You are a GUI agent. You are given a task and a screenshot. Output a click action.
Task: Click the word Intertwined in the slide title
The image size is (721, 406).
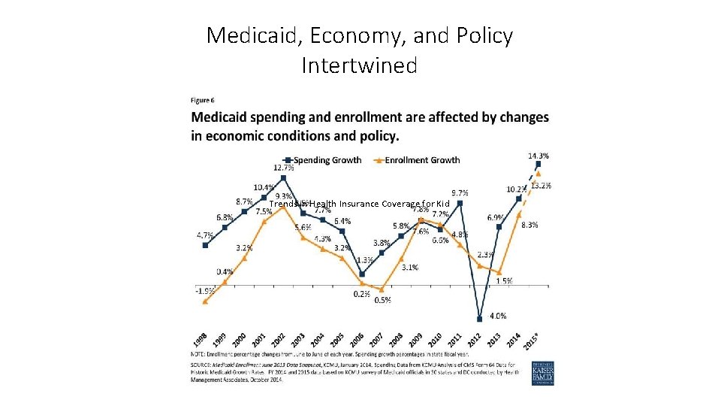coord(359,66)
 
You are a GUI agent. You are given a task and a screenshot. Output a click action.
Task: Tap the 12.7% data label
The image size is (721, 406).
coord(283,168)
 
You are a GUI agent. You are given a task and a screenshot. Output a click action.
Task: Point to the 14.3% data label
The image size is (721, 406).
coord(538,156)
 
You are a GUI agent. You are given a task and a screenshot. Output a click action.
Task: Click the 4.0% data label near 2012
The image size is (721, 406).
coord(497,316)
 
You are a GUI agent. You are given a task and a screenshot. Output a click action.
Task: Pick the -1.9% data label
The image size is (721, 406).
coord(204,289)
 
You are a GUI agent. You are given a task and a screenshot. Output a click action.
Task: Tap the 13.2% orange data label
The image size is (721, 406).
coord(541,186)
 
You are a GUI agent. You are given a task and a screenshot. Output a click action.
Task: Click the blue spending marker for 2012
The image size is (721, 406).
coord(479,318)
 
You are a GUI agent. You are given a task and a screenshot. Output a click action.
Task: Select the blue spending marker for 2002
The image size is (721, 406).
coord(283,178)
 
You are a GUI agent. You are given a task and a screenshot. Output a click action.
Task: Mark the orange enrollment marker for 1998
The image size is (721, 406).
coord(205,301)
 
